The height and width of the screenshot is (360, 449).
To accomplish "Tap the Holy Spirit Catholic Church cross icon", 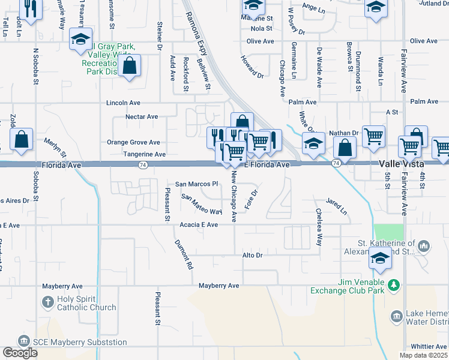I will coord(48,301).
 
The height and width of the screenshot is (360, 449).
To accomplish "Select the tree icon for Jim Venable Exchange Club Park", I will coord(394,285).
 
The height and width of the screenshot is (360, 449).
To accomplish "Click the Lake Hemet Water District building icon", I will coord(396,316).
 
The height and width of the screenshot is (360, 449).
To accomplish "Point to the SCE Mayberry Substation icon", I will coord(24,341).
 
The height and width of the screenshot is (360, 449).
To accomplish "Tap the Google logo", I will coord(20,353).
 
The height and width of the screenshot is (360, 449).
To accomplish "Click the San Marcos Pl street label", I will coord(195,184).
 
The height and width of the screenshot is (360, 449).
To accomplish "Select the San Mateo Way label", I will coord(202,205).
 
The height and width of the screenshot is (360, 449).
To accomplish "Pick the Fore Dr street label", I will coord(252,200).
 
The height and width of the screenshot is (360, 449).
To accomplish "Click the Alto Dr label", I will coord(253,255).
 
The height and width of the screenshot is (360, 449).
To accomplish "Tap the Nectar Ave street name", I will coord(141,117).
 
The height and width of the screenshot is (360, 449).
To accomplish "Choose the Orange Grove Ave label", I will coord(133,142).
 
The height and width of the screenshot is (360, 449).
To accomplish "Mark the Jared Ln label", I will coord(336,206).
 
